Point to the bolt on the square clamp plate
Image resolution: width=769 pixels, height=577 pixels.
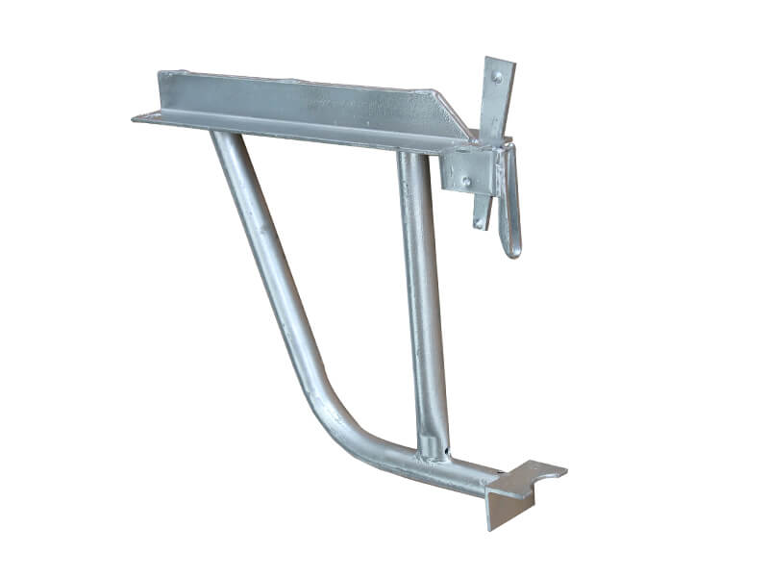point(465,180)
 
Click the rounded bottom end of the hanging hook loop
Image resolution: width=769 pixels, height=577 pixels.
point(512,252)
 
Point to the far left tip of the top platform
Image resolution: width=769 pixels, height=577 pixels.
point(136,116)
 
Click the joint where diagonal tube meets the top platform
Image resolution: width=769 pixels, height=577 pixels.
point(223,135)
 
